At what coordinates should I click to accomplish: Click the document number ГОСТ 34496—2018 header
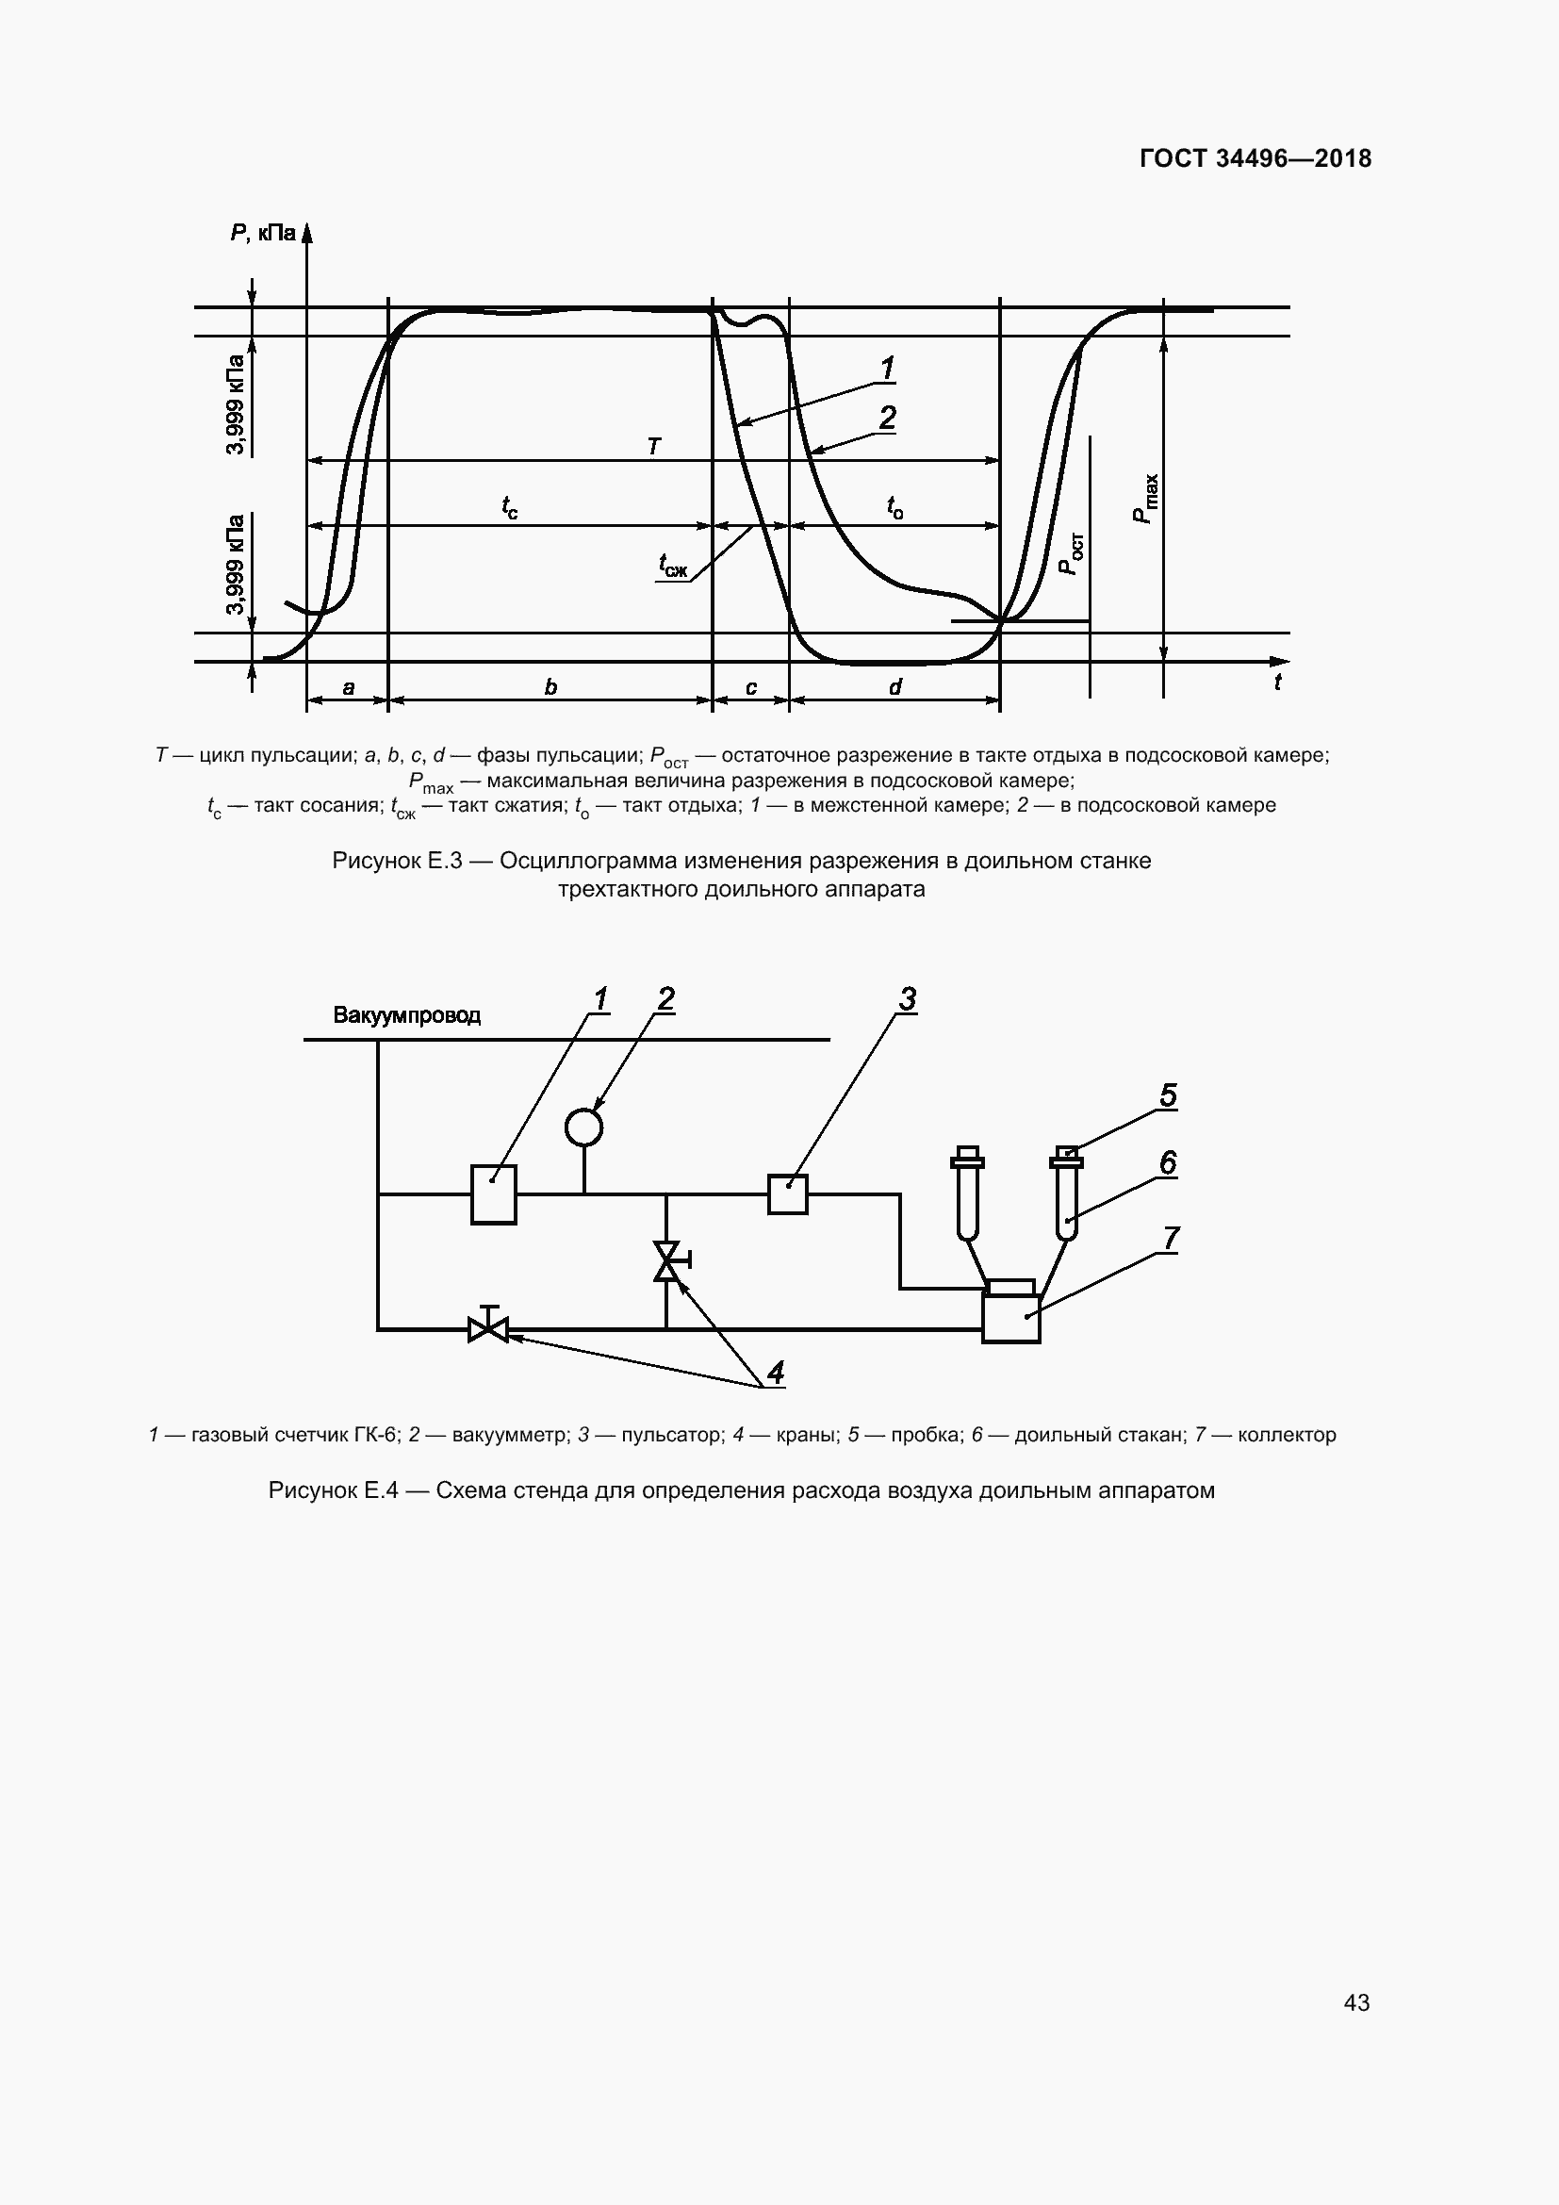click(1255, 158)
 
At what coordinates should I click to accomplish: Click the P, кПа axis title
click(262, 233)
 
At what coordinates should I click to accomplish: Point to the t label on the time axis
click(1277, 683)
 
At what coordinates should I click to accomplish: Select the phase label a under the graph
click(349, 687)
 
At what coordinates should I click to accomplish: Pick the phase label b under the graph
click(550, 687)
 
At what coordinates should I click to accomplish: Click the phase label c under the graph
click(750, 687)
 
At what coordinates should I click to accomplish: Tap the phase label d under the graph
click(894, 687)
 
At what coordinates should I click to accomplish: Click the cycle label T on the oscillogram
click(654, 447)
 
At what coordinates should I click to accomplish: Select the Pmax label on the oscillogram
click(1146, 500)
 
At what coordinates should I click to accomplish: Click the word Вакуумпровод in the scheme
click(407, 1015)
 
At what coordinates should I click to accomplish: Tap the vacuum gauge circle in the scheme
click(583, 1127)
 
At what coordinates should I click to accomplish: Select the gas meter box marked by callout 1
click(493, 1193)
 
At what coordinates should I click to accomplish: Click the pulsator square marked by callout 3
click(788, 1193)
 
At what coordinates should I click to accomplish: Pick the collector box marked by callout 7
click(1010, 1317)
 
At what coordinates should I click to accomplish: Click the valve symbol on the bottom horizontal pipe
click(488, 1329)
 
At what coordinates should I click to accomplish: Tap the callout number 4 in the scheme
click(776, 1373)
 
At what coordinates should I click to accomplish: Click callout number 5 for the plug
click(1167, 1095)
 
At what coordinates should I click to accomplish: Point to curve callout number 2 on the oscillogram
click(887, 418)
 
